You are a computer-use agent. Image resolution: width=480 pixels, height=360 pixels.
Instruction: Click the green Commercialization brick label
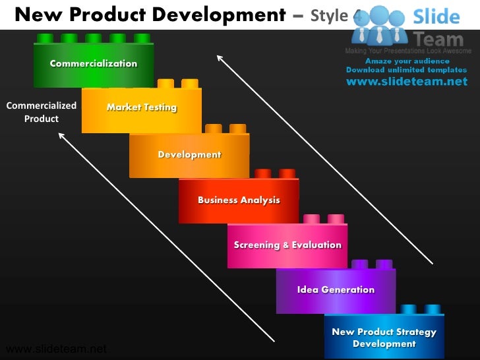coord(94,64)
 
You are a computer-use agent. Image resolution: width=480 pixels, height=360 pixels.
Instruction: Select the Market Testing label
coord(142,107)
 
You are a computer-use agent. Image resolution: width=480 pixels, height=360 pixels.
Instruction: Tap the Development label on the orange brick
coord(189,155)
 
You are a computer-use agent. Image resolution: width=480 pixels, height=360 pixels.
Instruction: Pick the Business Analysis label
coord(239,200)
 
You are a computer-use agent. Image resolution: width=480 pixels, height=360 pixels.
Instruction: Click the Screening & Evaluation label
coord(287,245)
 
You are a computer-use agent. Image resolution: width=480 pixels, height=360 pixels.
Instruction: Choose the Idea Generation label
coord(336,289)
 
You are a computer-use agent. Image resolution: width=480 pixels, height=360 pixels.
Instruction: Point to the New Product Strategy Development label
coord(384,338)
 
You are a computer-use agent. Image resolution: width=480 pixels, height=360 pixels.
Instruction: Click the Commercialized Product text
coord(42,112)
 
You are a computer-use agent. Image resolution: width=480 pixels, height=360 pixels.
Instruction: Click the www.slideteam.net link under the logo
coord(406,82)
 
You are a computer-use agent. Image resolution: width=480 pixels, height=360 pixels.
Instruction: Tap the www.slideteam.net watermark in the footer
coord(55,349)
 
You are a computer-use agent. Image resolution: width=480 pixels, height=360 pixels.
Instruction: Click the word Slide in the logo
coord(436,16)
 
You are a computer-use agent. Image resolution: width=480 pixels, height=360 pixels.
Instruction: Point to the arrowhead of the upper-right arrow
coord(220,58)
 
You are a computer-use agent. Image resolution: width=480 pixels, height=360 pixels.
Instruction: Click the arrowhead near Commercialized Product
coord(61,136)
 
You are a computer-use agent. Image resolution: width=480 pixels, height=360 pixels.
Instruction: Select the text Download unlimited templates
coord(406,70)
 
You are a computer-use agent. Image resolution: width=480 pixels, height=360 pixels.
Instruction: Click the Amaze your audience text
coord(407,61)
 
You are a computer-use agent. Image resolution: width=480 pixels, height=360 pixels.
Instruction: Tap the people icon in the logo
coord(380,26)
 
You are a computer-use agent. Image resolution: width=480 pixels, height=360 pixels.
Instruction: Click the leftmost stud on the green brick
coord(45,38)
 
